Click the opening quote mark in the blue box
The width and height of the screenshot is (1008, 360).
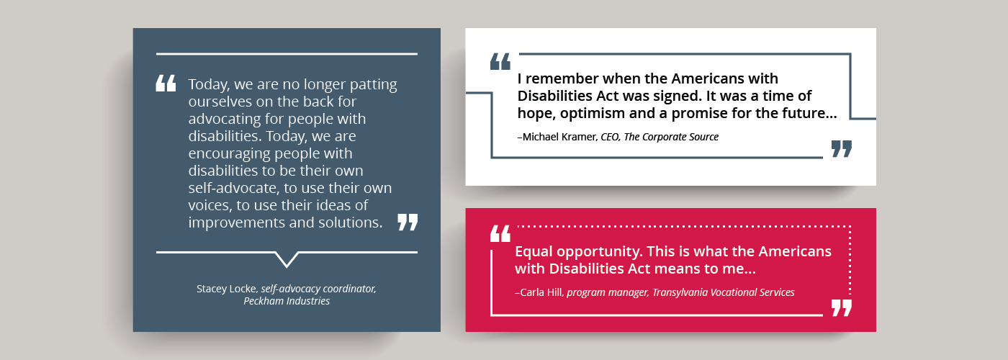click(x=166, y=84)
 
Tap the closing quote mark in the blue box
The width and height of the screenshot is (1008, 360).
click(x=408, y=222)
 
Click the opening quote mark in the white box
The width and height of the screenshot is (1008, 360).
click(x=500, y=62)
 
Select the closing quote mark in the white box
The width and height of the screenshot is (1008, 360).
click(x=842, y=149)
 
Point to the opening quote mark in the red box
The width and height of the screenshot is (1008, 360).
click(x=500, y=233)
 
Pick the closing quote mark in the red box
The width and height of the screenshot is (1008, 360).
click(x=842, y=308)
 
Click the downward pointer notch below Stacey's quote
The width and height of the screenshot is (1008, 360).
click(x=287, y=260)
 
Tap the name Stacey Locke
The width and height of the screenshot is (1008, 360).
click(x=227, y=289)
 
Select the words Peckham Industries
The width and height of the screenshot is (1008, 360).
click(x=287, y=301)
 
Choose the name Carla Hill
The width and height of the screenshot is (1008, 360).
click(x=541, y=292)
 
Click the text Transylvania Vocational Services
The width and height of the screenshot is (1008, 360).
click(x=724, y=292)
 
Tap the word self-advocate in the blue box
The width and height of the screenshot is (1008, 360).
click(x=233, y=188)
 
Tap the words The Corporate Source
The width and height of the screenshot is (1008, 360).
click(x=671, y=137)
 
